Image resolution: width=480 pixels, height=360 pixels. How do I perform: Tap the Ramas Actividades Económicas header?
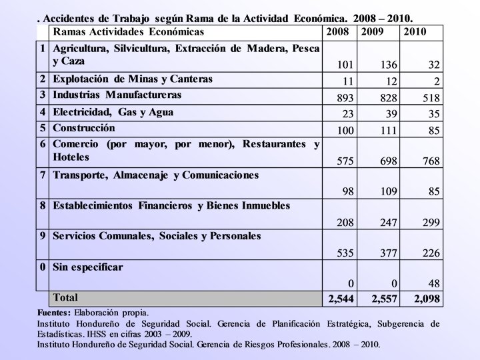[x=129, y=31]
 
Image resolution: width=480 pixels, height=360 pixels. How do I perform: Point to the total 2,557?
[x=385, y=299]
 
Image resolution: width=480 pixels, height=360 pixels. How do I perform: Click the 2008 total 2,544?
[x=341, y=299]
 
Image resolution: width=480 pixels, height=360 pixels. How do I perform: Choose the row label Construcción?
[x=84, y=127]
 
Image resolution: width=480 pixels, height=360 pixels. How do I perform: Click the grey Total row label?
[x=65, y=297]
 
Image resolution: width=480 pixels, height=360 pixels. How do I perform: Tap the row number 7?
[x=42, y=175]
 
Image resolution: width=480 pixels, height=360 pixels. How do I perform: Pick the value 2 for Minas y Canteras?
[x=437, y=81]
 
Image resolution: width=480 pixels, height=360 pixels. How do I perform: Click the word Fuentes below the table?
[x=53, y=312]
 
